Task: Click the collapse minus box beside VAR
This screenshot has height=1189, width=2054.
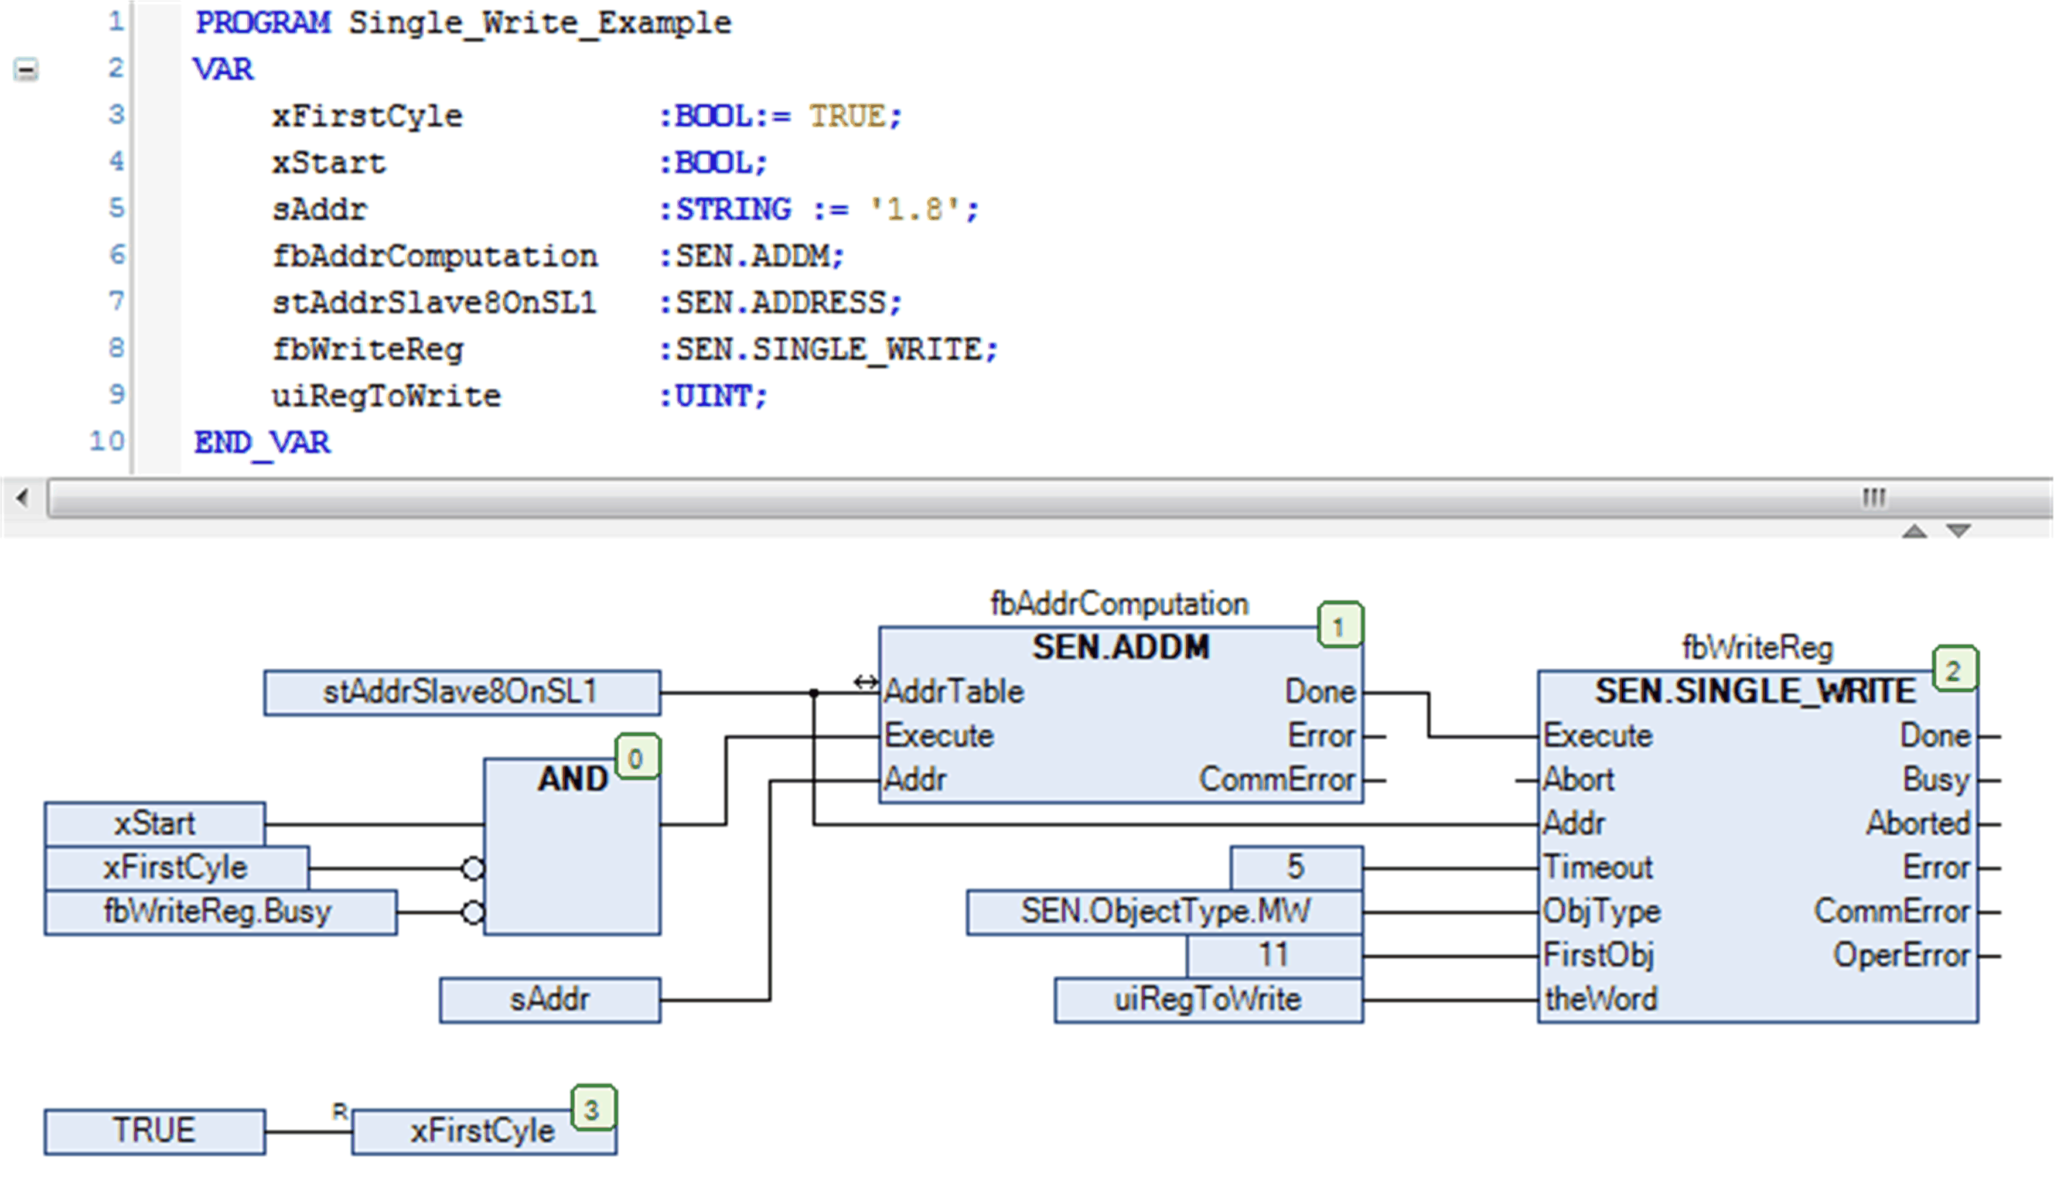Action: click(x=26, y=70)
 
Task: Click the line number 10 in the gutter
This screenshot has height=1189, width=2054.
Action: click(x=107, y=441)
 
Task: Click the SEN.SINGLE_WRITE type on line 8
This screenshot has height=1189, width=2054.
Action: click(x=829, y=350)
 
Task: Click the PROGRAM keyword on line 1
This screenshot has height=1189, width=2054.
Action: click(x=262, y=23)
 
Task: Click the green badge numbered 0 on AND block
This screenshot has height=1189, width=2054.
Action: click(x=636, y=758)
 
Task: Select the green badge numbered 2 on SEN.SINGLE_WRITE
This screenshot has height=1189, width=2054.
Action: click(x=1953, y=670)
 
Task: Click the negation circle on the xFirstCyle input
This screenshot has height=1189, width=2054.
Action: click(x=473, y=869)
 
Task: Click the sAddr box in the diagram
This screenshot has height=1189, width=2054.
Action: click(x=550, y=999)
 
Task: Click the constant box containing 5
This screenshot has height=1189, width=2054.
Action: click(x=1295, y=867)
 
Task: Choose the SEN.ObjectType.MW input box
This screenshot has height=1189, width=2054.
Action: click(x=1164, y=911)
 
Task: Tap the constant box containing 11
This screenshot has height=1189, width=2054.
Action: click(x=1273, y=955)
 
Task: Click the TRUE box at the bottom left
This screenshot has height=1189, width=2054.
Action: click(x=154, y=1131)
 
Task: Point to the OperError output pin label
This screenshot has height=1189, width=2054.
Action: click(x=1900, y=955)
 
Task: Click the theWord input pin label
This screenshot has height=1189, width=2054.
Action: click(x=1600, y=999)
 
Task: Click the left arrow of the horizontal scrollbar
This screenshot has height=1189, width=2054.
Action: click(x=23, y=497)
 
